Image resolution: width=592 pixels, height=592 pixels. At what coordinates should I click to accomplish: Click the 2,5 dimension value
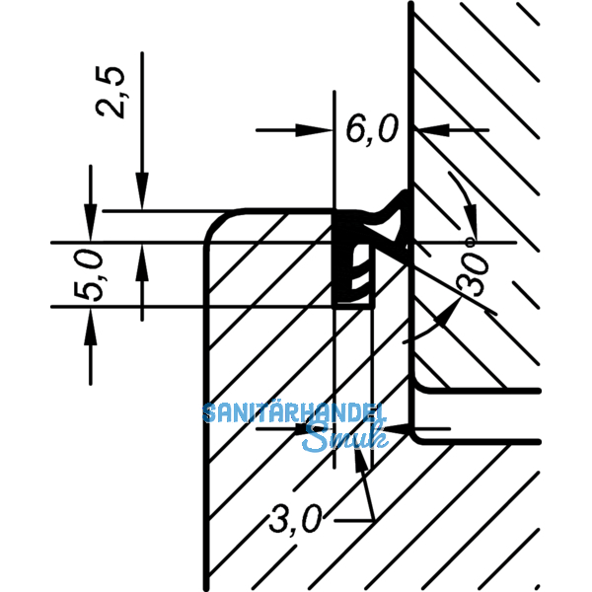point(115,92)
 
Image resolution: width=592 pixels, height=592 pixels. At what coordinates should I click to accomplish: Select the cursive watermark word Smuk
point(336,437)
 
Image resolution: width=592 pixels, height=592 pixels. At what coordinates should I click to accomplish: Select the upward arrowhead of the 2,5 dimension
point(142,258)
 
